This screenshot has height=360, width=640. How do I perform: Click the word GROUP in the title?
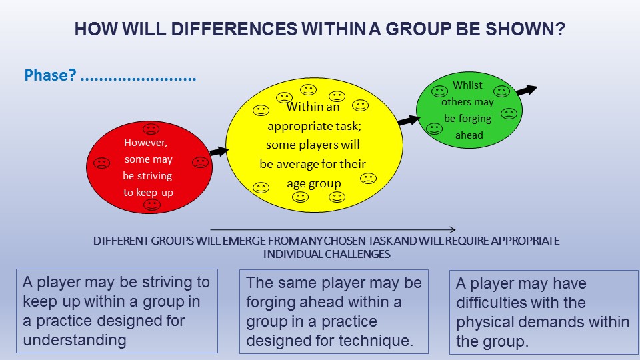[418, 29]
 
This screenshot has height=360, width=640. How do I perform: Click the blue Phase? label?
[50, 75]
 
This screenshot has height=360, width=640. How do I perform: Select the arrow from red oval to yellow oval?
[219, 151]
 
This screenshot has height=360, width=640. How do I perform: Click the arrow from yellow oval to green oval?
[409, 120]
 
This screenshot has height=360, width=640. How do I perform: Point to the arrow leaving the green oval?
[527, 90]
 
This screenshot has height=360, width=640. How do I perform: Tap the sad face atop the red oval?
[151, 129]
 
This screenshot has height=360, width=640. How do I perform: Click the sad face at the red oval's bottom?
[152, 205]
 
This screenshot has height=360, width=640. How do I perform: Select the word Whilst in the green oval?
[467, 85]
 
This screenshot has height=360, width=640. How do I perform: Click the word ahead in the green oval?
[469, 135]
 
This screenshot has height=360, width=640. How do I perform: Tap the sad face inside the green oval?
[509, 113]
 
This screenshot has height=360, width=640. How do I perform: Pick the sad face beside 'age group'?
[368, 179]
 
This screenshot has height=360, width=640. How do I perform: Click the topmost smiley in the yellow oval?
[308, 89]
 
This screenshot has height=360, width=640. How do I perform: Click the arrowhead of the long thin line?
[453, 230]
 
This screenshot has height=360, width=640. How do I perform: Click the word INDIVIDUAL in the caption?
[293, 254]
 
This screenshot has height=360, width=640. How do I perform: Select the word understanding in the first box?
[75, 340]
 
